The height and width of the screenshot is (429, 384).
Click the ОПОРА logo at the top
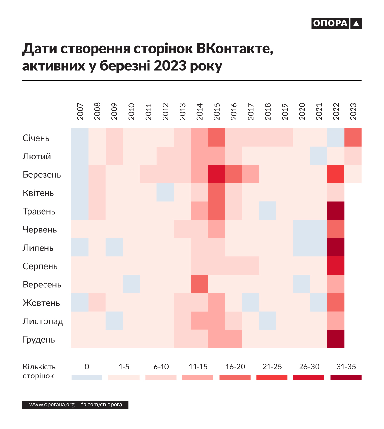pyautogui.click(x=336, y=23)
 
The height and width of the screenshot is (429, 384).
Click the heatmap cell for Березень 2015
pyautogui.click(x=216, y=174)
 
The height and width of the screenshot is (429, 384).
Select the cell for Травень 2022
pyautogui.click(x=336, y=211)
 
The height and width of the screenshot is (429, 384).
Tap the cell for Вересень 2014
pyautogui.click(x=199, y=284)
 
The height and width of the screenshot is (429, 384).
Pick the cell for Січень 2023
pyautogui.click(x=353, y=137)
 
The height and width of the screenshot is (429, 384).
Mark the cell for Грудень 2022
pyautogui.click(x=336, y=339)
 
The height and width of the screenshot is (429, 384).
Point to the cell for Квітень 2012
pyautogui.click(x=165, y=192)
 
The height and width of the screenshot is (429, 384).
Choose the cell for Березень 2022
pyautogui.click(x=336, y=174)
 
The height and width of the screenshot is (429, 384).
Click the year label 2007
pyautogui.click(x=80, y=111)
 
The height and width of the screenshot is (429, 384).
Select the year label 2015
pyautogui.click(x=217, y=111)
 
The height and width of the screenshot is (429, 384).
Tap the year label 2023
pyautogui.click(x=353, y=111)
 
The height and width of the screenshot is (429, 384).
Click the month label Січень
pyautogui.click(x=36, y=138)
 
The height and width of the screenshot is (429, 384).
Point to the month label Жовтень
pyautogui.click(x=41, y=303)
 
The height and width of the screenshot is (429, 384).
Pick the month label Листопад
pyautogui.click(x=43, y=321)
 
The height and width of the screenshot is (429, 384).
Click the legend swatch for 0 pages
pyautogui.click(x=87, y=377)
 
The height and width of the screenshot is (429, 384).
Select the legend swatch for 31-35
pyautogui.click(x=346, y=377)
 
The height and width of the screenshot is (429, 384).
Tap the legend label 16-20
pyautogui.click(x=235, y=367)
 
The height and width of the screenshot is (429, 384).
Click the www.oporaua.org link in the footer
pyautogui.click(x=52, y=405)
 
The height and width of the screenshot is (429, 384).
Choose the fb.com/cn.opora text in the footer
pyautogui.click(x=101, y=405)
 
